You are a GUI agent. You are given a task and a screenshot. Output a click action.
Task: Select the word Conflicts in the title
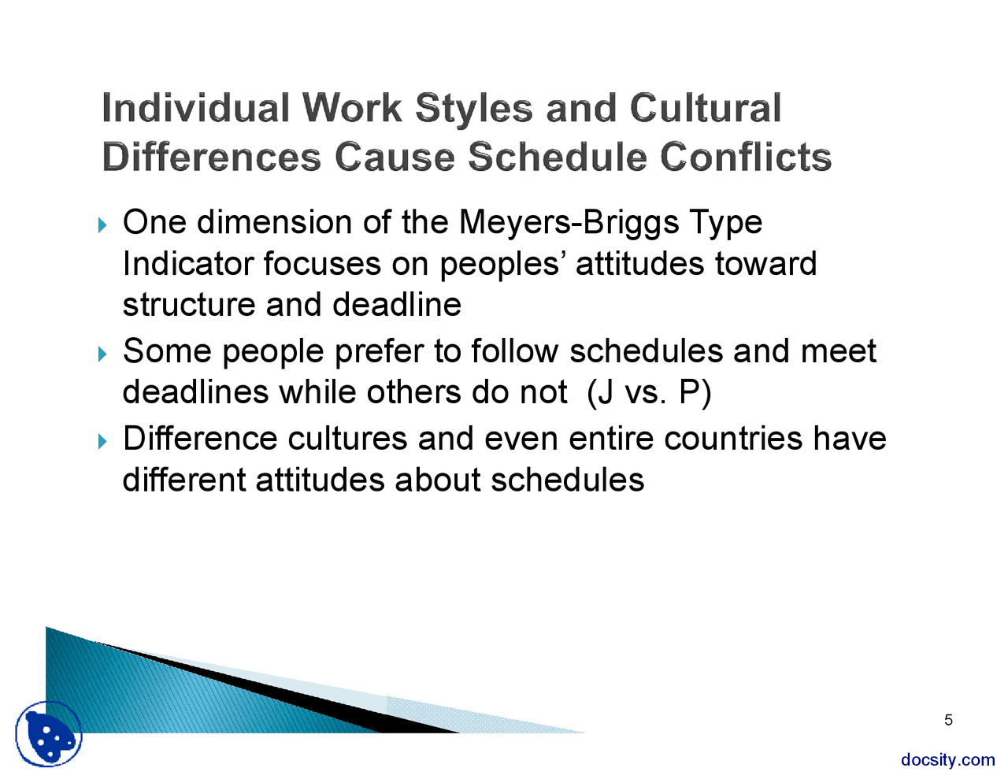coord(745,156)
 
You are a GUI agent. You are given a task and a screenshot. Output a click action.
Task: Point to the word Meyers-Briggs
coord(569,223)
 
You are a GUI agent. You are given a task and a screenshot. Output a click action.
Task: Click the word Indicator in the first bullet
coord(188,264)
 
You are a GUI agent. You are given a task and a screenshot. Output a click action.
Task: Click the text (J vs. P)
coord(649,392)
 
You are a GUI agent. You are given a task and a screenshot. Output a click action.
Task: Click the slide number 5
coord(948,720)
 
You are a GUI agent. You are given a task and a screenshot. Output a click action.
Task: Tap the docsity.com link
coord(947,759)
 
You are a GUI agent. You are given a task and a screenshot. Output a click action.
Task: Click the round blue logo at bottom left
coord(49,734)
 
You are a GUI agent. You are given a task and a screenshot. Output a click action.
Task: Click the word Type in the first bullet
coord(725,223)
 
